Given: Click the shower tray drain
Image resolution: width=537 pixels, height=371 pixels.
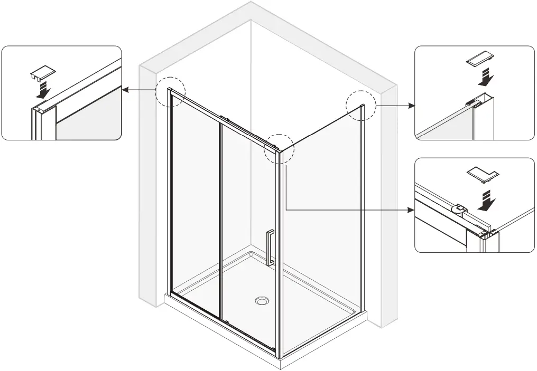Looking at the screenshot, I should pos(262,301).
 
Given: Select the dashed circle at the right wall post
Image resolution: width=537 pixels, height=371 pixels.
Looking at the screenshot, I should pos(360,106).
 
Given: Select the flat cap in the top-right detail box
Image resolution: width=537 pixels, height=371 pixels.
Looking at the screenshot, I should pos(479,59).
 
